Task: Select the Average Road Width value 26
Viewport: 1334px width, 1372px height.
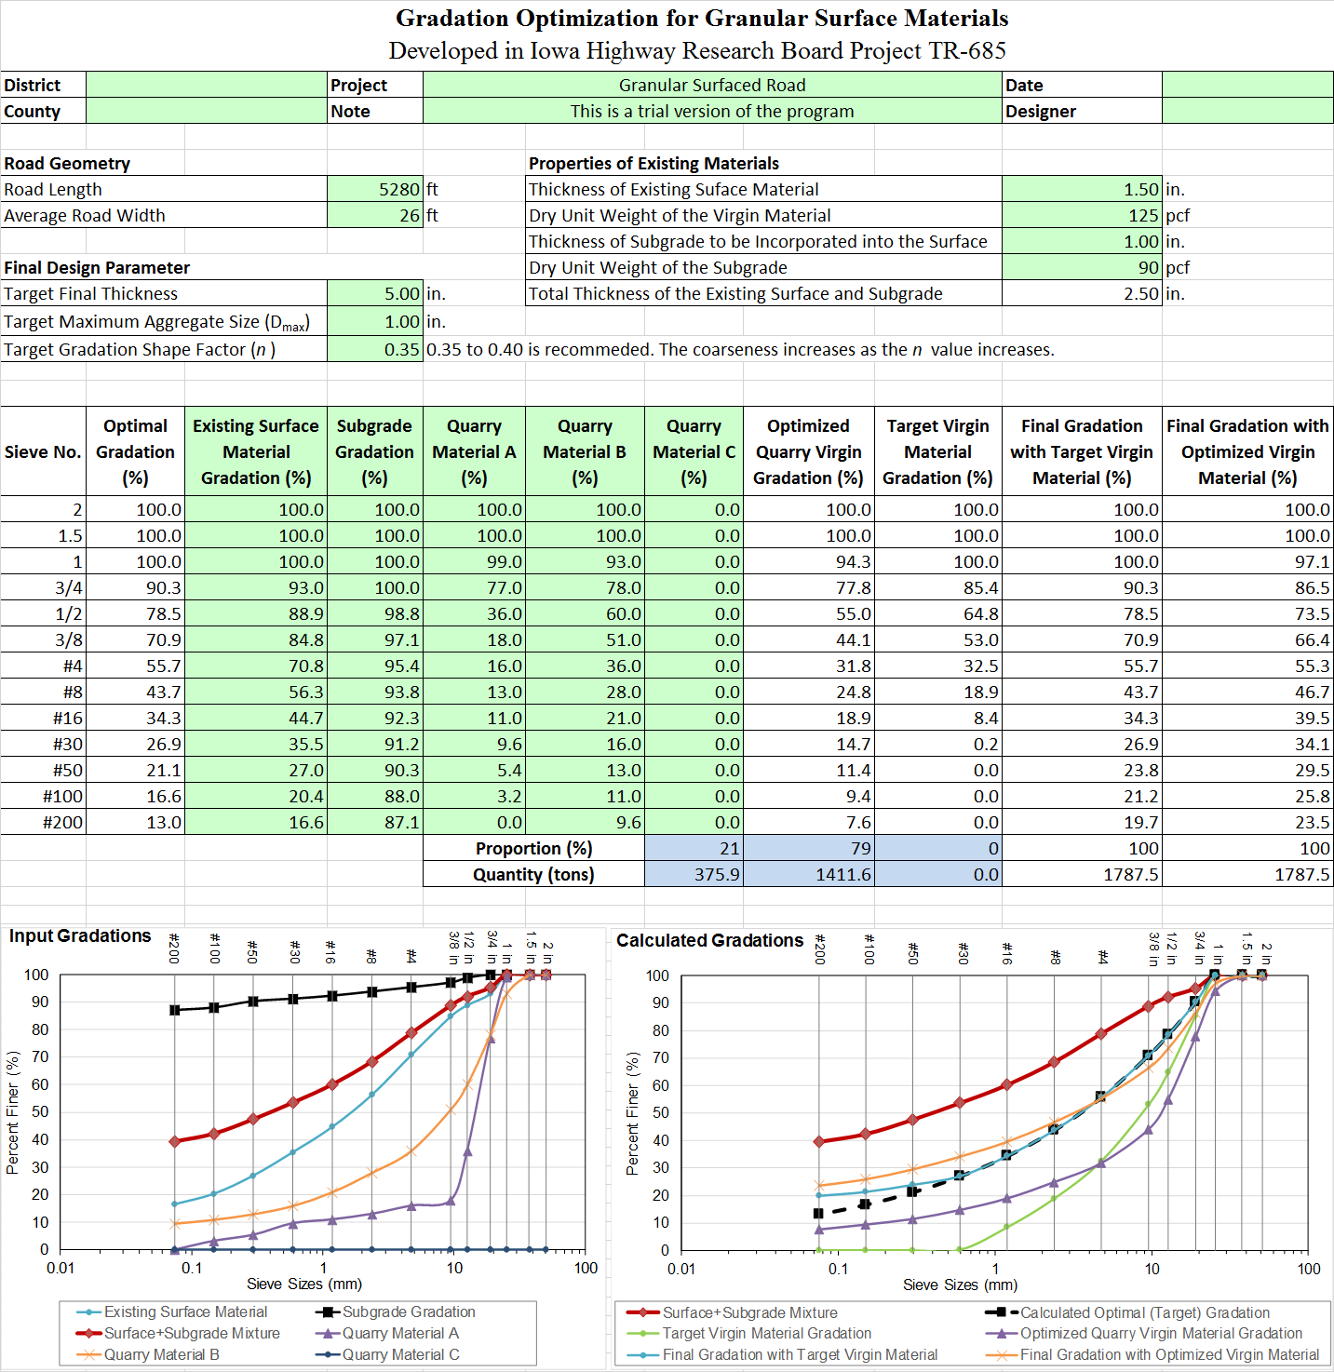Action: [410, 215]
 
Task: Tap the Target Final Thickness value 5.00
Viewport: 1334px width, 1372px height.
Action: [401, 293]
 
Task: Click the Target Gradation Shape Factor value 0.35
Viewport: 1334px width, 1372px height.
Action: [401, 350]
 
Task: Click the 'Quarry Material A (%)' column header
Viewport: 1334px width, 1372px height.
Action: [474, 451]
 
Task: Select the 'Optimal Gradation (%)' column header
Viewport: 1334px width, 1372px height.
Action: [135, 451]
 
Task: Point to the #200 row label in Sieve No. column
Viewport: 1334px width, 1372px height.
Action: [62, 822]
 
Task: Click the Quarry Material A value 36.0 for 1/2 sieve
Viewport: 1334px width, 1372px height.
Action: [504, 613]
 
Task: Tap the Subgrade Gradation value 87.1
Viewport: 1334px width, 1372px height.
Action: [401, 822]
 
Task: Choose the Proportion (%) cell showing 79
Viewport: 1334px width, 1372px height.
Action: [860, 848]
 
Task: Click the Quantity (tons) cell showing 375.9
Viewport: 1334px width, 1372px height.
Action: [716, 874]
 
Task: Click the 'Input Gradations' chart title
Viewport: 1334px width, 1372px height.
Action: [80, 935]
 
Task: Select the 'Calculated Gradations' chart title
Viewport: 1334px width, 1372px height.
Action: [709, 940]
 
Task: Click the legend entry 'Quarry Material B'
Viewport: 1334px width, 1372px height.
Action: [161, 1354]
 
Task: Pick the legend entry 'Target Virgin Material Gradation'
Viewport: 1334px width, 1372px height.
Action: [766, 1333]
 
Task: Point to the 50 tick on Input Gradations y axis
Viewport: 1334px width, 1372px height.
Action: [36, 1111]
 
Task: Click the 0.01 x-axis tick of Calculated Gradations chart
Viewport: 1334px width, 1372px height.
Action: [681, 1269]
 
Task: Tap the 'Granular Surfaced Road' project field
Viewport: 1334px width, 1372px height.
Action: [712, 85]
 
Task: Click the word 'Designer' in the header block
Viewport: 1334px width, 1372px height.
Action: [1040, 111]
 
